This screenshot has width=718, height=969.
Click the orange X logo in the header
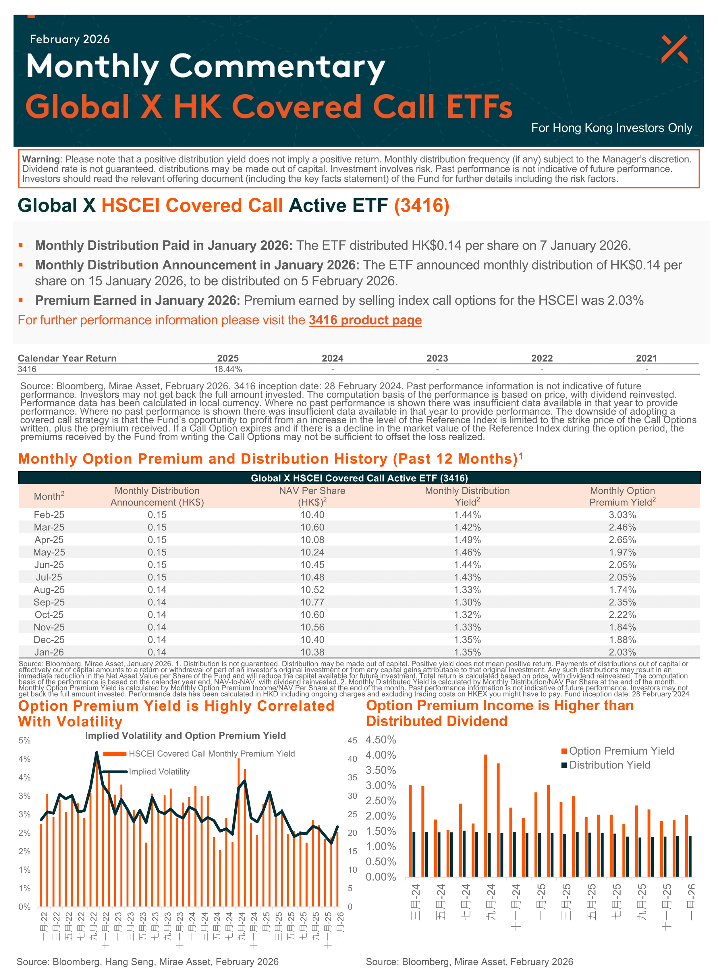674,49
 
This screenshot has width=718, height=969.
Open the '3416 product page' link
365,320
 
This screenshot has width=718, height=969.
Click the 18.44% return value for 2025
228,369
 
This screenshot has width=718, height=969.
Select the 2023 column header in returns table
437,358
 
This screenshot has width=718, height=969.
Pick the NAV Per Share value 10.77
312,602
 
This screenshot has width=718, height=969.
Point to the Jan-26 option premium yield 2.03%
622,652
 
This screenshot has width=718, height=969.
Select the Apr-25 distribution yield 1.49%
467,540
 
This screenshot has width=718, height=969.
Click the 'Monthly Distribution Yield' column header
467,496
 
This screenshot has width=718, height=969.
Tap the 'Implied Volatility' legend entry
159,772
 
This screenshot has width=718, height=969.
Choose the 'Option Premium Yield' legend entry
621,751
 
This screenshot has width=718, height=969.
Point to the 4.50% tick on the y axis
381,740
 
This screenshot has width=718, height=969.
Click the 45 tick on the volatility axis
352,740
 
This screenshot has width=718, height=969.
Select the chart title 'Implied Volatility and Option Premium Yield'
186,735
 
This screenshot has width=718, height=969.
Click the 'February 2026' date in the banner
70,39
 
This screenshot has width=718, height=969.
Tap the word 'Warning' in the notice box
41,159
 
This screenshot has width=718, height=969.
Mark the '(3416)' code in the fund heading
422,205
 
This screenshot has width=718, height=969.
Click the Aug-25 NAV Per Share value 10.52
312,590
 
